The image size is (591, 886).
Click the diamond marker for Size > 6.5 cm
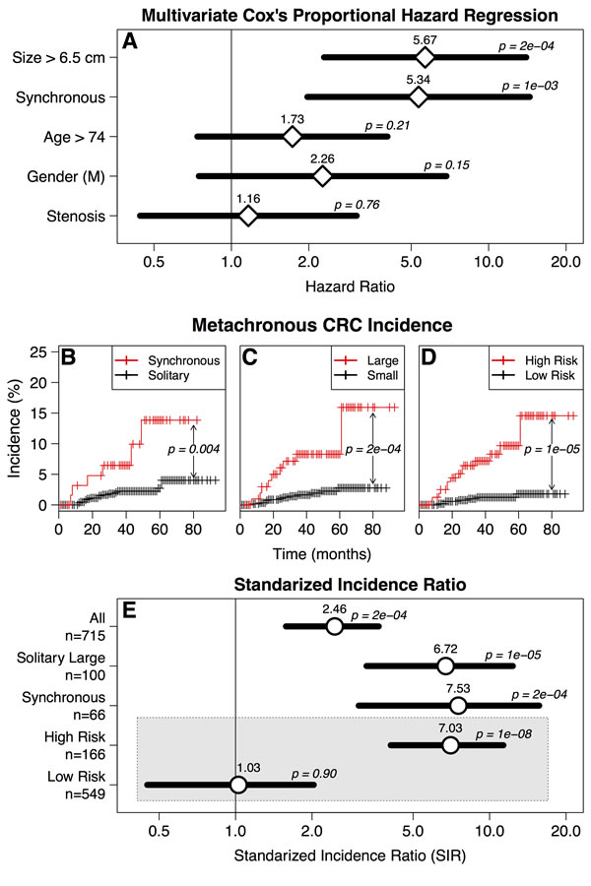click(424, 57)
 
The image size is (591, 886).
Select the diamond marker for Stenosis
click(248, 216)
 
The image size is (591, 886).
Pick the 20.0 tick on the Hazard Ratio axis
click(564, 263)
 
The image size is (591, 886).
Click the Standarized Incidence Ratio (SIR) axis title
click(350, 855)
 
